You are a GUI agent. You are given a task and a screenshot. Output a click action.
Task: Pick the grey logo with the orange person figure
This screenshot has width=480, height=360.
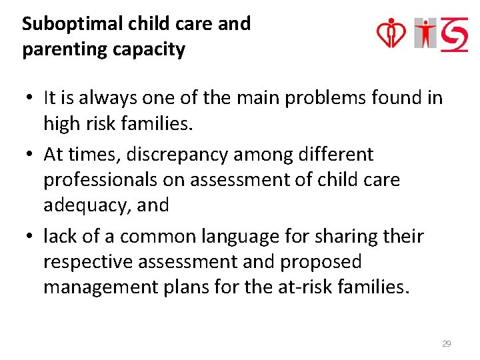[x=425, y=33]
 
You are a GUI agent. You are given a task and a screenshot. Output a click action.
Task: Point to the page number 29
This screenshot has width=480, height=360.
[x=447, y=344]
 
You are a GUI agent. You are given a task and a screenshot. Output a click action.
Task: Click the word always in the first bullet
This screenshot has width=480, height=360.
[x=99, y=98]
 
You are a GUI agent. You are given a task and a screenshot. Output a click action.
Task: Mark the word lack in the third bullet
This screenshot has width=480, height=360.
[x=59, y=236]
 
